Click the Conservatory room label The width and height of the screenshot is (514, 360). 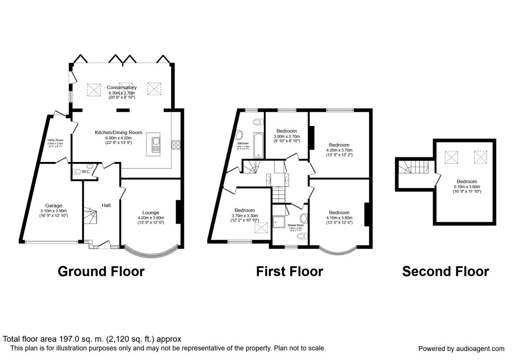pyautogui.click(x=122, y=88)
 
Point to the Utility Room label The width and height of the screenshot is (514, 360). pyautogui.click(x=55, y=140)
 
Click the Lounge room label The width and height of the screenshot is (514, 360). pyautogui.click(x=151, y=213)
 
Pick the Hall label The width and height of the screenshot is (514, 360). pyautogui.click(x=106, y=206)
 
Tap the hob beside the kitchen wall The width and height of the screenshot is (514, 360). pyautogui.click(x=176, y=145)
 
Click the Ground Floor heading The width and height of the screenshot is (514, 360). pyautogui.click(x=101, y=271)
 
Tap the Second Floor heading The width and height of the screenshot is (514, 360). pyautogui.click(x=445, y=271)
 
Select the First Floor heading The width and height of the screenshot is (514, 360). pyautogui.click(x=290, y=271)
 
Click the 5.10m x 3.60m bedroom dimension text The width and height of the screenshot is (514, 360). pyautogui.click(x=466, y=186)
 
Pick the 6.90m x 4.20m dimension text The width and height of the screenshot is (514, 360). pyautogui.click(x=113, y=138)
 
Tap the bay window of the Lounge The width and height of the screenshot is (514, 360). pyautogui.click(x=150, y=251)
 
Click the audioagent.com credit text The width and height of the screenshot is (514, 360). pyautogui.click(x=461, y=348)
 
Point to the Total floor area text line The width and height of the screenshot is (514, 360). pyautogui.click(x=93, y=339)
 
